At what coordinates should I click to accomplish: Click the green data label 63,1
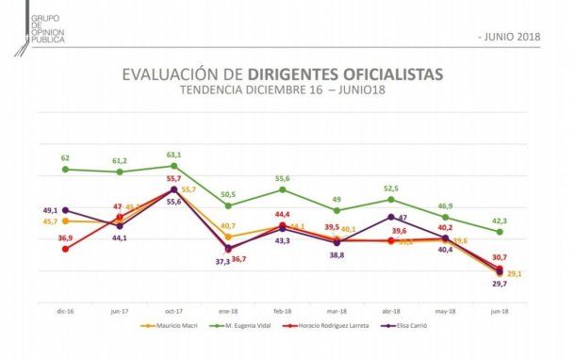point(174,155)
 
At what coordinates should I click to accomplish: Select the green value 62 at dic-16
point(65,158)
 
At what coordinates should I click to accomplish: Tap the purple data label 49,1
point(50,210)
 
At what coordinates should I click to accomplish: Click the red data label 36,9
point(50,238)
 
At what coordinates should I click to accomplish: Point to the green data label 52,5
point(392,188)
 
